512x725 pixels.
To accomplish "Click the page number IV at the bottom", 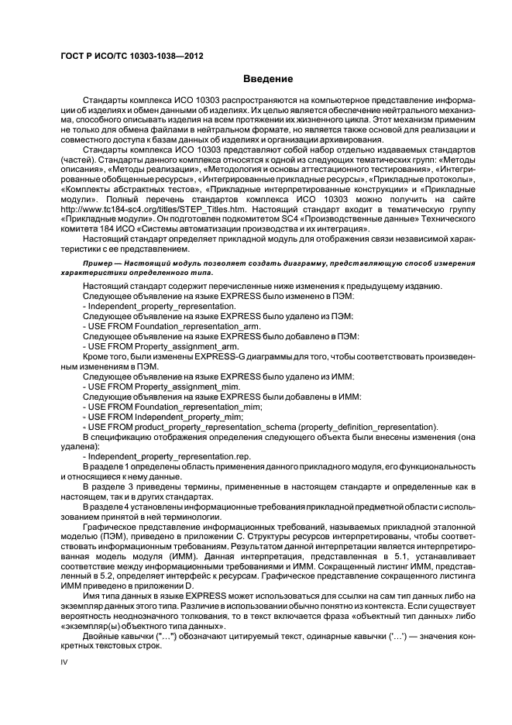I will point(65,662).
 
